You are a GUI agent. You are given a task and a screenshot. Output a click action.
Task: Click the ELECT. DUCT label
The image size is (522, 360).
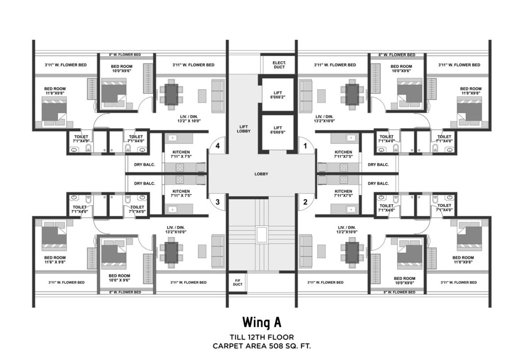(x=279, y=65)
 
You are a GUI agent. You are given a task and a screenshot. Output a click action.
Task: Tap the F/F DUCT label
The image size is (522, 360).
(x=238, y=282)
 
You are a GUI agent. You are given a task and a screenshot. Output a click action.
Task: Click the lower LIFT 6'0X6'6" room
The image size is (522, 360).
(x=278, y=130)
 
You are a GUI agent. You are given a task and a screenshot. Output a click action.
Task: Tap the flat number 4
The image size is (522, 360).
(x=218, y=146)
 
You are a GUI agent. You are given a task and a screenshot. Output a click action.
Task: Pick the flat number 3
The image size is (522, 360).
(x=218, y=202)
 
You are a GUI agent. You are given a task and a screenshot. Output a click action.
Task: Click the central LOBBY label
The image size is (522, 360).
(x=261, y=174)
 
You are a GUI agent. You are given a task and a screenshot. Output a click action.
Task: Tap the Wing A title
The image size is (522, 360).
(x=262, y=322)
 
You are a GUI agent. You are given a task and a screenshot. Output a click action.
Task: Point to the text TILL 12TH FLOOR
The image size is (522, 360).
(x=262, y=337)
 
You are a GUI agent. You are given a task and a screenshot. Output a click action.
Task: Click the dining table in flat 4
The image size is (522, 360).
(x=171, y=94)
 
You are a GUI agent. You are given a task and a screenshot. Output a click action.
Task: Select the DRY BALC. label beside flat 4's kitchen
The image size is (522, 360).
(x=145, y=165)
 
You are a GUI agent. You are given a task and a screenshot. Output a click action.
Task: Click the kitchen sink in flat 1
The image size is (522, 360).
(x=350, y=138)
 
